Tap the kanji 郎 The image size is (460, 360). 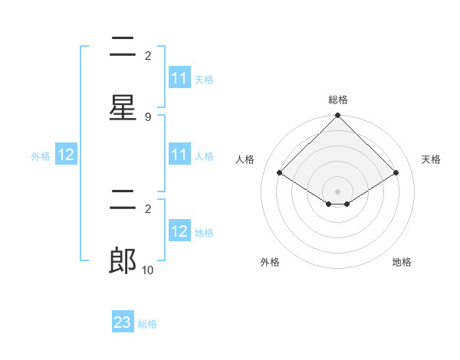click(123, 260)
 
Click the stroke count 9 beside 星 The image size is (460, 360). click(148, 116)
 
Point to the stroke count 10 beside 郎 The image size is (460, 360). click(148, 270)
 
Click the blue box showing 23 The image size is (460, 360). click(123, 322)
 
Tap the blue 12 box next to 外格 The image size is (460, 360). click(66, 155)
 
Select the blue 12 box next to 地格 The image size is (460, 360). click(179, 231)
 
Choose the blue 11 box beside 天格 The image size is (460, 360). click(179, 78)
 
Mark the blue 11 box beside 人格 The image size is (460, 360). click(179, 155)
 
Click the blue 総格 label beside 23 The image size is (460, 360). click(147, 324)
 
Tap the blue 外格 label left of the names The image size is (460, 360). click(41, 155)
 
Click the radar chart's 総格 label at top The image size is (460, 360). click(338, 100)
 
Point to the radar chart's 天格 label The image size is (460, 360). click(432, 159)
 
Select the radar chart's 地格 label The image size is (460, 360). click(402, 262)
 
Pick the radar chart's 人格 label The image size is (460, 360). click(245, 159)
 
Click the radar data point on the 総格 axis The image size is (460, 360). click(338, 116)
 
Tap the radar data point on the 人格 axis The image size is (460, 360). click(280, 172)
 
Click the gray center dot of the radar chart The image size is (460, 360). click(338, 191)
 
